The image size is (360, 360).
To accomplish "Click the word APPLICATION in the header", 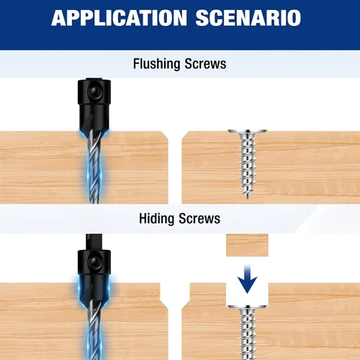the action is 119,18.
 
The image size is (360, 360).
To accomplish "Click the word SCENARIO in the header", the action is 248,18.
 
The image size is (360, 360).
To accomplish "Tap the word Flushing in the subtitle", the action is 157,64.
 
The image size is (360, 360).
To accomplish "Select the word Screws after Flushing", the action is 205,64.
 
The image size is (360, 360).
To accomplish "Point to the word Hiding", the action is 157,219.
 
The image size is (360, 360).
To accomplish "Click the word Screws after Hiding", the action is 199,219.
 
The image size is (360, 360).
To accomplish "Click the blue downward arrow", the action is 248,279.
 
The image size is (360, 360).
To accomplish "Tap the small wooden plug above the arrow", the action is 247,246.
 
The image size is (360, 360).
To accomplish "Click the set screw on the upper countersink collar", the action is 94,91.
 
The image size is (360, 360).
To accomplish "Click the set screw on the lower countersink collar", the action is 94,262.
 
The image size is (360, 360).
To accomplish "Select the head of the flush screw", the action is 247,132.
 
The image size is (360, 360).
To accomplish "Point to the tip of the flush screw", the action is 247,199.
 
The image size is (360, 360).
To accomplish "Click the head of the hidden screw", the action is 247,307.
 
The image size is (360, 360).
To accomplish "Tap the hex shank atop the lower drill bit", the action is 94,242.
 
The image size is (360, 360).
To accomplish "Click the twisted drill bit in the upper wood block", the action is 94,167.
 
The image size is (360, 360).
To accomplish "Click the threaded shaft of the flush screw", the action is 247,166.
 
